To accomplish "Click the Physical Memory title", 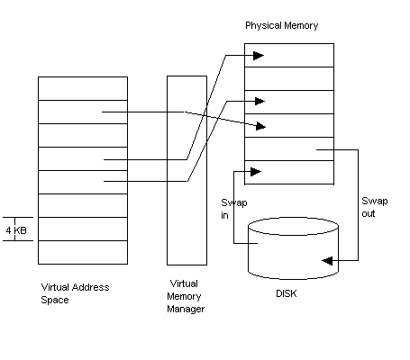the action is pyautogui.click(x=281, y=26).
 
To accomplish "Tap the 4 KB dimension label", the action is pyautogui.click(x=16, y=230).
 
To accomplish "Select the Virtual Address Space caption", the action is pyautogui.click(x=75, y=293).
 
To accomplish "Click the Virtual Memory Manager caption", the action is pyautogui.click(x=186, y=296).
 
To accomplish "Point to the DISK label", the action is pyautogui.click(x=287, y=293).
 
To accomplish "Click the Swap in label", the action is pyautogui.click(x=234, y=209).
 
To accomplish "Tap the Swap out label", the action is pyautogui.click(x=375, y=207).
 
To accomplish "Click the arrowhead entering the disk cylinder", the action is pyautogui.click(x=327, y=260).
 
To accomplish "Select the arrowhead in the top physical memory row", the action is pyautogui.click(x=259, y=56).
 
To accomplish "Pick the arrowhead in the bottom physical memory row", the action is pyautogui.click(x=256, y=172).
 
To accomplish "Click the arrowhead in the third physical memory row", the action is pyautogui.click(x=260, y=102).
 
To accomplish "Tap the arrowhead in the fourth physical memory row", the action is pyautogui.click(x=260, y=127).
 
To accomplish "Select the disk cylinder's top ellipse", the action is pyautogui.click(x=293, y=218).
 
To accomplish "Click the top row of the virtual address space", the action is pyautogui.click(x=83, y=88).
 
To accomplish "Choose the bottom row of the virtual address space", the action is pyautogui.click(x=83, y=252).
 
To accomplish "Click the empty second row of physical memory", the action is pyautogui.click(x=289, y=78).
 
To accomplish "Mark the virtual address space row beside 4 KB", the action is pyautogui.click(x=83, y=229).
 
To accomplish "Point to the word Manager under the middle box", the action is pyautogui.click(x=186, y=309).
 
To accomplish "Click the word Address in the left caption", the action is pyautogui.click(x=92, y=287).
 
